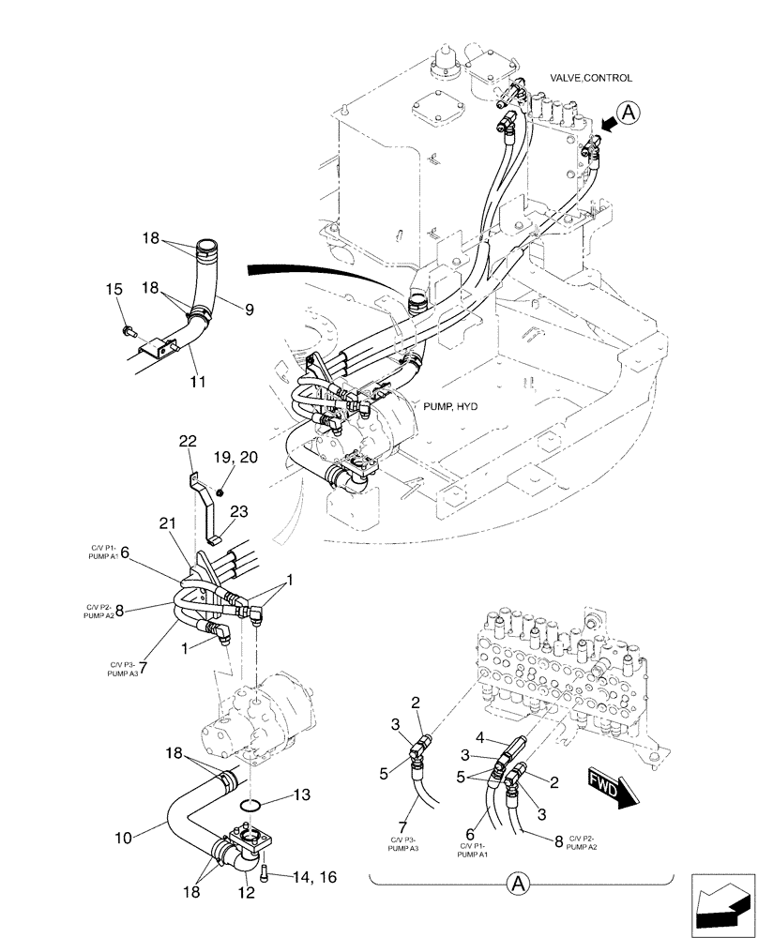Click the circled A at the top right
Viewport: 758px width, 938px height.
(629, 113)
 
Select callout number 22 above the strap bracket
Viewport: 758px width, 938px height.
(189, 441)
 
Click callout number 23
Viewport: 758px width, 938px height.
(238, 512)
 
